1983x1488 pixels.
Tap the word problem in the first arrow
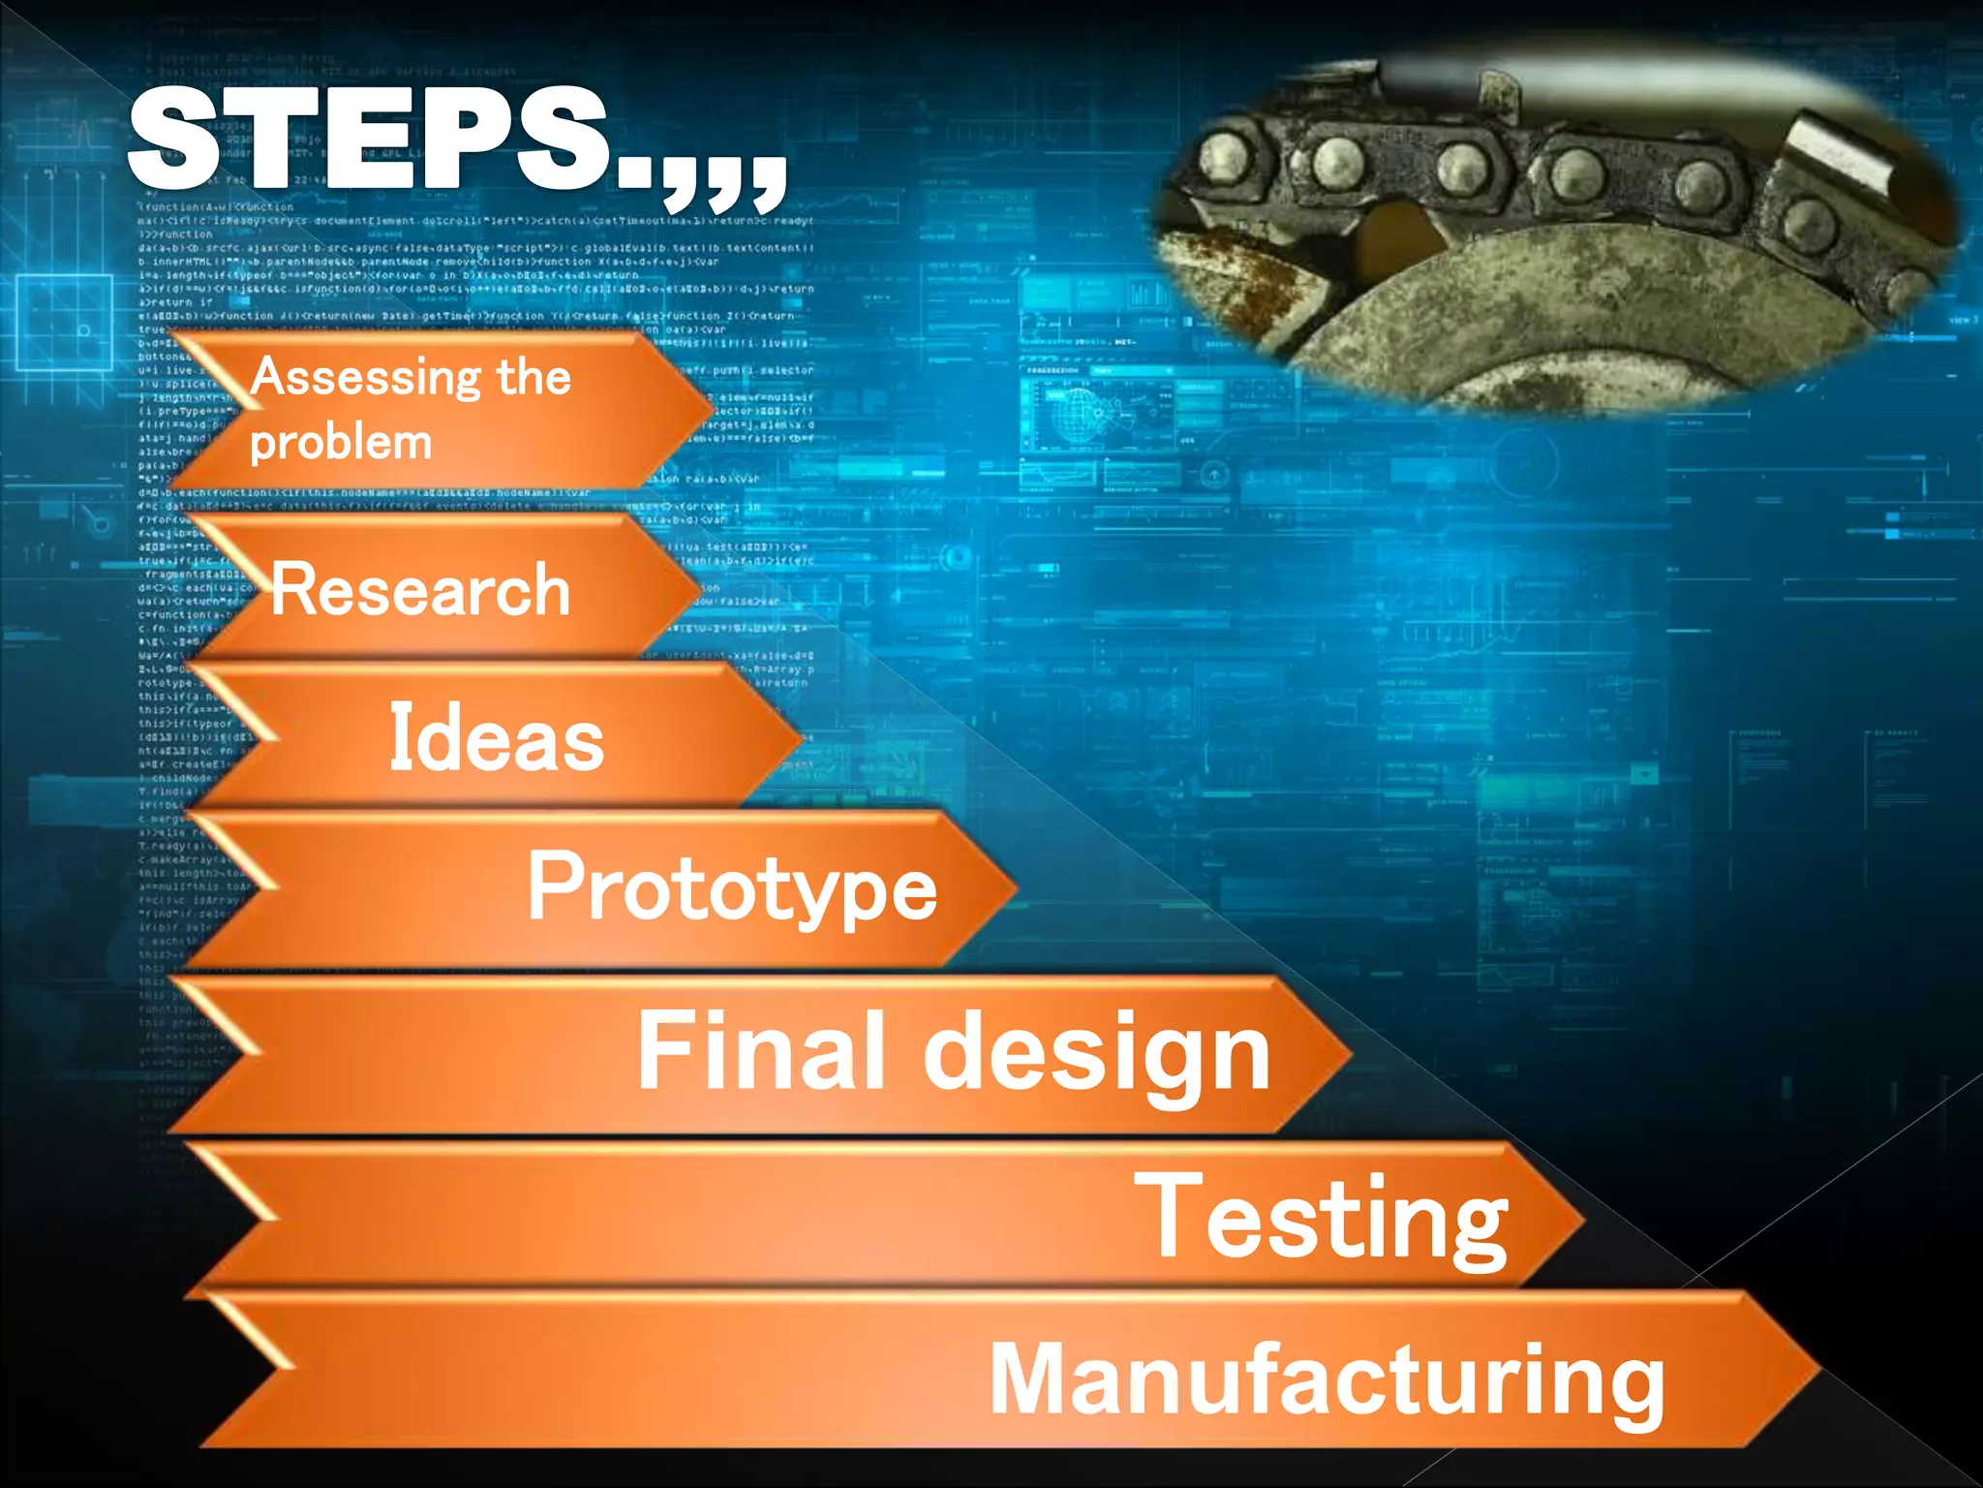[x=340, y=444]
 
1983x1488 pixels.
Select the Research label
[x=420, y=589]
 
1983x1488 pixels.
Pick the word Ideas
[x=496, y=738]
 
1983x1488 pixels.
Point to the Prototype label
[x=732, y=888]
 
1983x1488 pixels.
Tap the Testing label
[x=1322, y=1218]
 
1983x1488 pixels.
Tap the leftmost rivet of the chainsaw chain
[x=1225, y=156]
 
